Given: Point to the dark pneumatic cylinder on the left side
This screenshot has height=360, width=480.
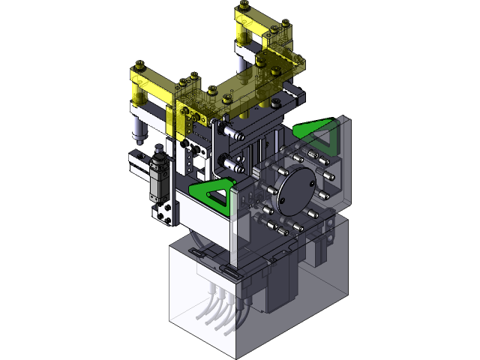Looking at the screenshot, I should click(157, 178).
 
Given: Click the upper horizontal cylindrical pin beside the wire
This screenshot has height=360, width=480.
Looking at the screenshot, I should click(232, 135).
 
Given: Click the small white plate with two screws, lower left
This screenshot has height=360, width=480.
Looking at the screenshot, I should click(164, 213).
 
